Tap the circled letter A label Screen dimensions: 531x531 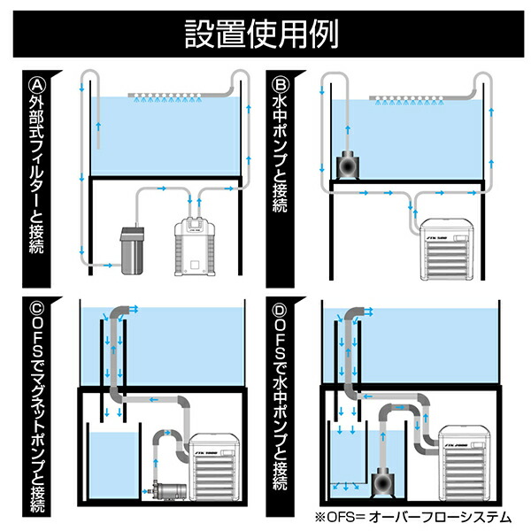click(x=37, y=86)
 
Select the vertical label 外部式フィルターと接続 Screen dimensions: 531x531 click(x=37, y=182)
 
